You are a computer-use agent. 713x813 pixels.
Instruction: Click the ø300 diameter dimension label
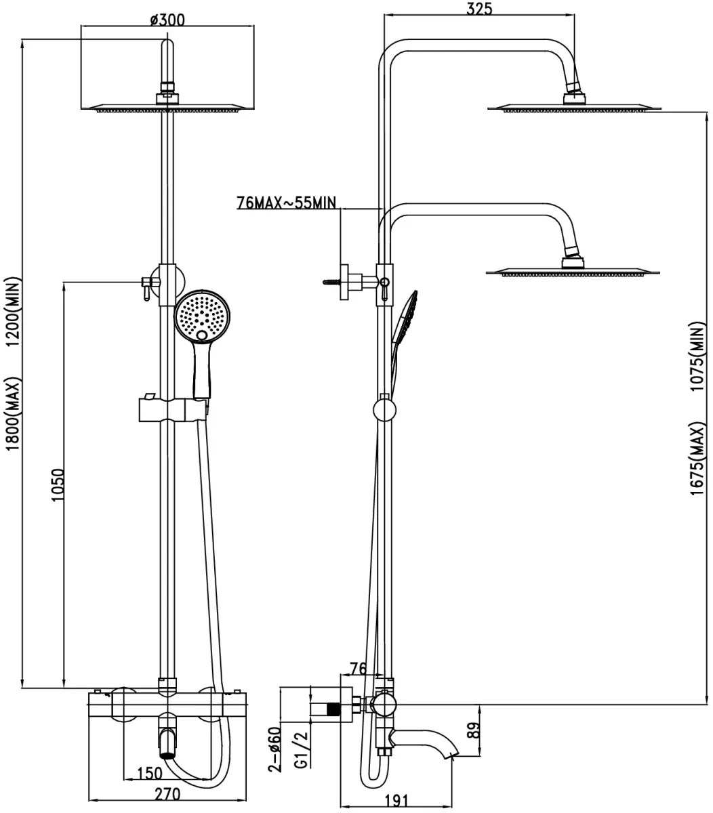click(167, 20)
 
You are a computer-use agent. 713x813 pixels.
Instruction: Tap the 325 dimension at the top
click(479, 8)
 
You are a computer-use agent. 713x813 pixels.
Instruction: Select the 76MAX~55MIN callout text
click(286, 203)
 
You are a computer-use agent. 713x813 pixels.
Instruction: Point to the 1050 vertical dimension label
click(58, 484)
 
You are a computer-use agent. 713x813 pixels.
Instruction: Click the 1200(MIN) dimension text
click(14, 312)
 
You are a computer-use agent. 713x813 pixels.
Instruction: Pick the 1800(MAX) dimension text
click(14, 414)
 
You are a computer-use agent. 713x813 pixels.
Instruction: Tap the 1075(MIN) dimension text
click(697, 356)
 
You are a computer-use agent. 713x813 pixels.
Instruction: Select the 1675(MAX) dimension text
click(697, 459)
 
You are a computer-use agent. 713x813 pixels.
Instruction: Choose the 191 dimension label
click(396, 801)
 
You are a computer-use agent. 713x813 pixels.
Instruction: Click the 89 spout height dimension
click(474, 730)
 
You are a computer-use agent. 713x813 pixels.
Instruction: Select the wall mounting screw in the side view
click(331, 282)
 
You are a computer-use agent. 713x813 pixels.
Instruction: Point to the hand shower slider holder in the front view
click(173, 409)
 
